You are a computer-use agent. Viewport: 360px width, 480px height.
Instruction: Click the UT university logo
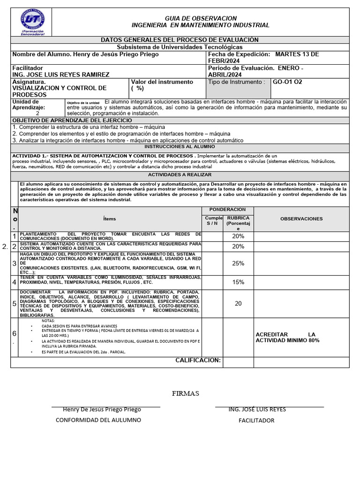[x=33, y=21]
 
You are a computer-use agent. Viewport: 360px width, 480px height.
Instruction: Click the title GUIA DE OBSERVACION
[x=201, y=18]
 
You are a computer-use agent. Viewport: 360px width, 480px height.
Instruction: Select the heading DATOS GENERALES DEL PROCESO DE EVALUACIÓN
[x=180, y=40]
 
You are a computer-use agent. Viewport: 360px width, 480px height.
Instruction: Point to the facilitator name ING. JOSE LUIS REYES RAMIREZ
[x=61, y=75]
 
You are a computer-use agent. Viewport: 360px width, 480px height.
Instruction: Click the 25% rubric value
[x=238, y=263]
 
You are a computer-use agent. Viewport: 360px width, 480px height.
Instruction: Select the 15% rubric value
[x=238, y=282]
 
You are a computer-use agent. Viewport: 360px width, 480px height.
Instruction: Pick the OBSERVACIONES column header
[x=301, y=219]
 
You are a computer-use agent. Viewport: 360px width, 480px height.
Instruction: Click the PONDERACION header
[x=227, y=210]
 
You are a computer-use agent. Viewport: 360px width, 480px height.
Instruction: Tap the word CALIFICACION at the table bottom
[x=198, y=360]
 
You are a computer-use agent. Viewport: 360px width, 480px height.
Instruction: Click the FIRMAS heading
[x=186, y=393]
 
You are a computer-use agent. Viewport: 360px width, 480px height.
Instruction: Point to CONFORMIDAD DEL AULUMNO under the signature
[x=98, y=420]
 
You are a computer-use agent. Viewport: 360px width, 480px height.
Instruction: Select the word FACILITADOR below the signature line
[x=256, y=420]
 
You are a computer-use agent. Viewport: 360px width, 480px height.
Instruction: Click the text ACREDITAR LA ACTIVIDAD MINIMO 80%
[x=287, y=337]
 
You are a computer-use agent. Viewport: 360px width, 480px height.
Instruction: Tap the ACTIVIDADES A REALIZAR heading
[x=180, y=175]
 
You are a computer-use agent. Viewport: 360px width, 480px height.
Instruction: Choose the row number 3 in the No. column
[x=14, y=263]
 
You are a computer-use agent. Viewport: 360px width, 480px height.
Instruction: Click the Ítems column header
[x=109, y=219]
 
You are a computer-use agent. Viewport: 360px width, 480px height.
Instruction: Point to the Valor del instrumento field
[x=162, y=85]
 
